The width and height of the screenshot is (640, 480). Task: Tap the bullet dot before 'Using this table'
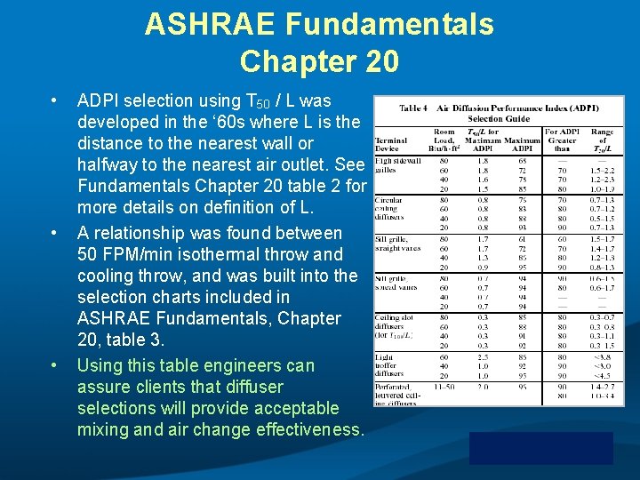point(55,365)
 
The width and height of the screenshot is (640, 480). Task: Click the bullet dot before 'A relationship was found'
point(55,233)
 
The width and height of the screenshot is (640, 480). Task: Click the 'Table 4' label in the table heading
point(413,108)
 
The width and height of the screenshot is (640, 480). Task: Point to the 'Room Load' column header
point(443,140)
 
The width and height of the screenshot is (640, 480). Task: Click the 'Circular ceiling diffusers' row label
point(389,208)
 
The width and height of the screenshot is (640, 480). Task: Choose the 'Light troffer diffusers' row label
point(389,363)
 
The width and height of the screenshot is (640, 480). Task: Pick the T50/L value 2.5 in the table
point(483,356)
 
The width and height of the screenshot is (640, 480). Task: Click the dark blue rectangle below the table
point(540,447)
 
